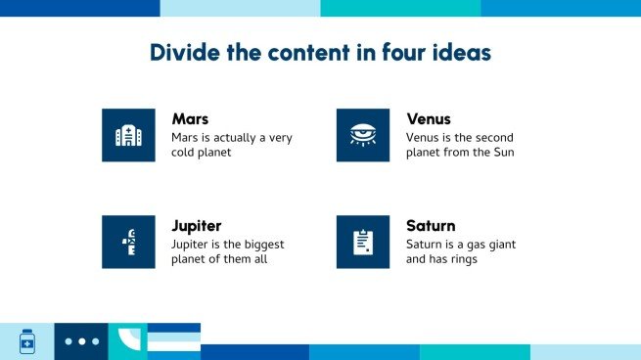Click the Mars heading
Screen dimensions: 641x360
(190, 119)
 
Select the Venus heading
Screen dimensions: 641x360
(429, 119)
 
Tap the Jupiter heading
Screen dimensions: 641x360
(197, 226)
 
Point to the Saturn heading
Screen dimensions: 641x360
(431, 226)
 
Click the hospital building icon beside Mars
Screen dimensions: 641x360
(128, 135)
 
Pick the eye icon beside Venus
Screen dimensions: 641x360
(363, 135)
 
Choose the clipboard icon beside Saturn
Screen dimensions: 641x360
(363, 242)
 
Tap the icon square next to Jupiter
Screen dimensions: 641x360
(128, 242)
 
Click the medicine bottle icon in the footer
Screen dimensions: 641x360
(27, 341)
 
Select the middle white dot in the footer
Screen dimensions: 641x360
(82, 341)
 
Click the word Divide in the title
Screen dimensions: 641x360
(185, 52)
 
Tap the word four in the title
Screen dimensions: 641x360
(403, 52)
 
